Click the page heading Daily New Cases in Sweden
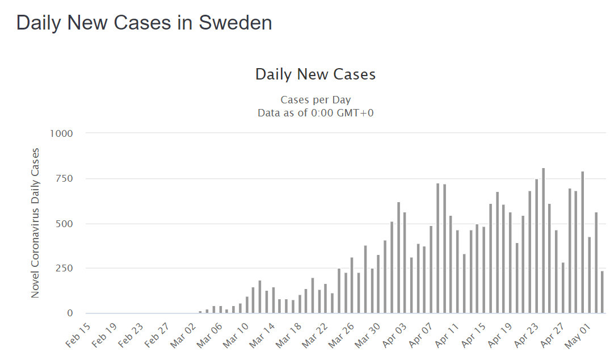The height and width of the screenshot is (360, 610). pyautogui.click(x=144, y=23)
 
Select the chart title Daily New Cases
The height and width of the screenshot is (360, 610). pyautogui.click(x=315, y=74)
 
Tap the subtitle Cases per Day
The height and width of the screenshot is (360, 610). pyautogui.click(x=315, y=101)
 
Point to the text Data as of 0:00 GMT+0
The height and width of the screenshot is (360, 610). pyautogui.click(x=315, y=112)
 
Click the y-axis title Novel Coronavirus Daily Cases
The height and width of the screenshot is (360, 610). pyautogui.click(x=35, y=223)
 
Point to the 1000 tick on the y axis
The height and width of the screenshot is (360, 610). pyautogui.click(x=62, y=133)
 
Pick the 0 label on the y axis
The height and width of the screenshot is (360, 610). pyautogui.click(x=70, y=313)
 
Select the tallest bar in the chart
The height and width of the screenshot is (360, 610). pyautogui.click(x=543, y=241)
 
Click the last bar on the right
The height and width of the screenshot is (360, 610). pyautogui.click(x=602, y=292)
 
